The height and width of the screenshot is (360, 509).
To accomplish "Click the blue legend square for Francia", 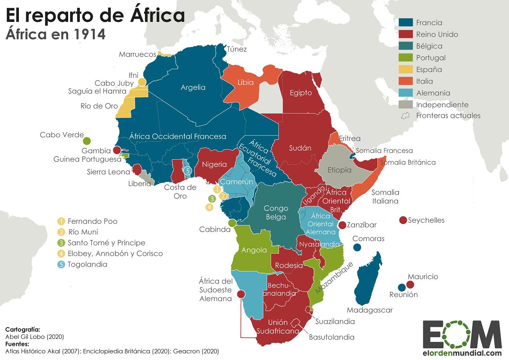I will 405,22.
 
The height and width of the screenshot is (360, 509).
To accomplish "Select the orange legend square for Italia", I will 405,81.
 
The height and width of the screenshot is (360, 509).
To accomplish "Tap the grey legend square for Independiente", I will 405,104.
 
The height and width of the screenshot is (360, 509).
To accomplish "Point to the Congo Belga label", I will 276,212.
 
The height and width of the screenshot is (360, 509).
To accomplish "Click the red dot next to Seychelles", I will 402,220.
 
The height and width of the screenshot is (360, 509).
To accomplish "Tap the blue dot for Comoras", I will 357,247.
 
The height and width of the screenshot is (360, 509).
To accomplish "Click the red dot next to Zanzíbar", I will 342,225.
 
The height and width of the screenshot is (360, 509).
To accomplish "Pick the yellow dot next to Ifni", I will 142,82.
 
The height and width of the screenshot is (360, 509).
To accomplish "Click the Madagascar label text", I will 370,310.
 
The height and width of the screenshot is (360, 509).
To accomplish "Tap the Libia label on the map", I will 245,83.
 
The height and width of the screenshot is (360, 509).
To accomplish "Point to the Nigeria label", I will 214,164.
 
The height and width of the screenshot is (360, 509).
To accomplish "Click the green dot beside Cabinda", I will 232,223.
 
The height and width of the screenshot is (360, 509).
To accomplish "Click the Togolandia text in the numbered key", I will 87,264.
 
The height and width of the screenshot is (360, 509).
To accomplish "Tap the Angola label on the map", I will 254,250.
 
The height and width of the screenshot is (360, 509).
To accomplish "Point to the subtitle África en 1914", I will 55,34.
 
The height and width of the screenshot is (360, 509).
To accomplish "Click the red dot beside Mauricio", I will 410,285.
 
